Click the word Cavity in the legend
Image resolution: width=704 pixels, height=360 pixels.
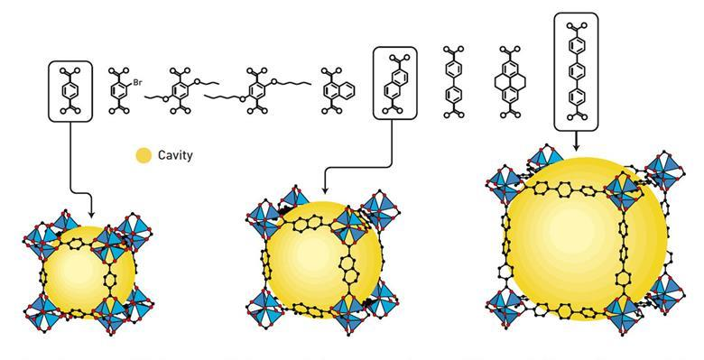pyautogui.click(x=175, y=155)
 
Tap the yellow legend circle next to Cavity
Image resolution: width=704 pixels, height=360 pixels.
pyautogui.click(x=144, y=155)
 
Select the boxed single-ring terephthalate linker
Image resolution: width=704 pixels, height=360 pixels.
pyautogui.click(x=70, y=91)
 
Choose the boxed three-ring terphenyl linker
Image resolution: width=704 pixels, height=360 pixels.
pyautogui.click(x=576, y=72)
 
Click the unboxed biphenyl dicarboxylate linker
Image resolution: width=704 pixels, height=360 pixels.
pyautogui.click(x=453, y=82)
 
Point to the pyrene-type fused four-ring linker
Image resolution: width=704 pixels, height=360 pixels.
pyautogui.click(x=511, y=82)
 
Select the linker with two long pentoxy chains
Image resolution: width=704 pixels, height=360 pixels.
pyautogui.click(x=258, y=90)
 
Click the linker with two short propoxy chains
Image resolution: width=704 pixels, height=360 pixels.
pyautogui.click(x=181, y=90)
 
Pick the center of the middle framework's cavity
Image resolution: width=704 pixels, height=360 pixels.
pyautogui.click(x=324, y=260)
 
